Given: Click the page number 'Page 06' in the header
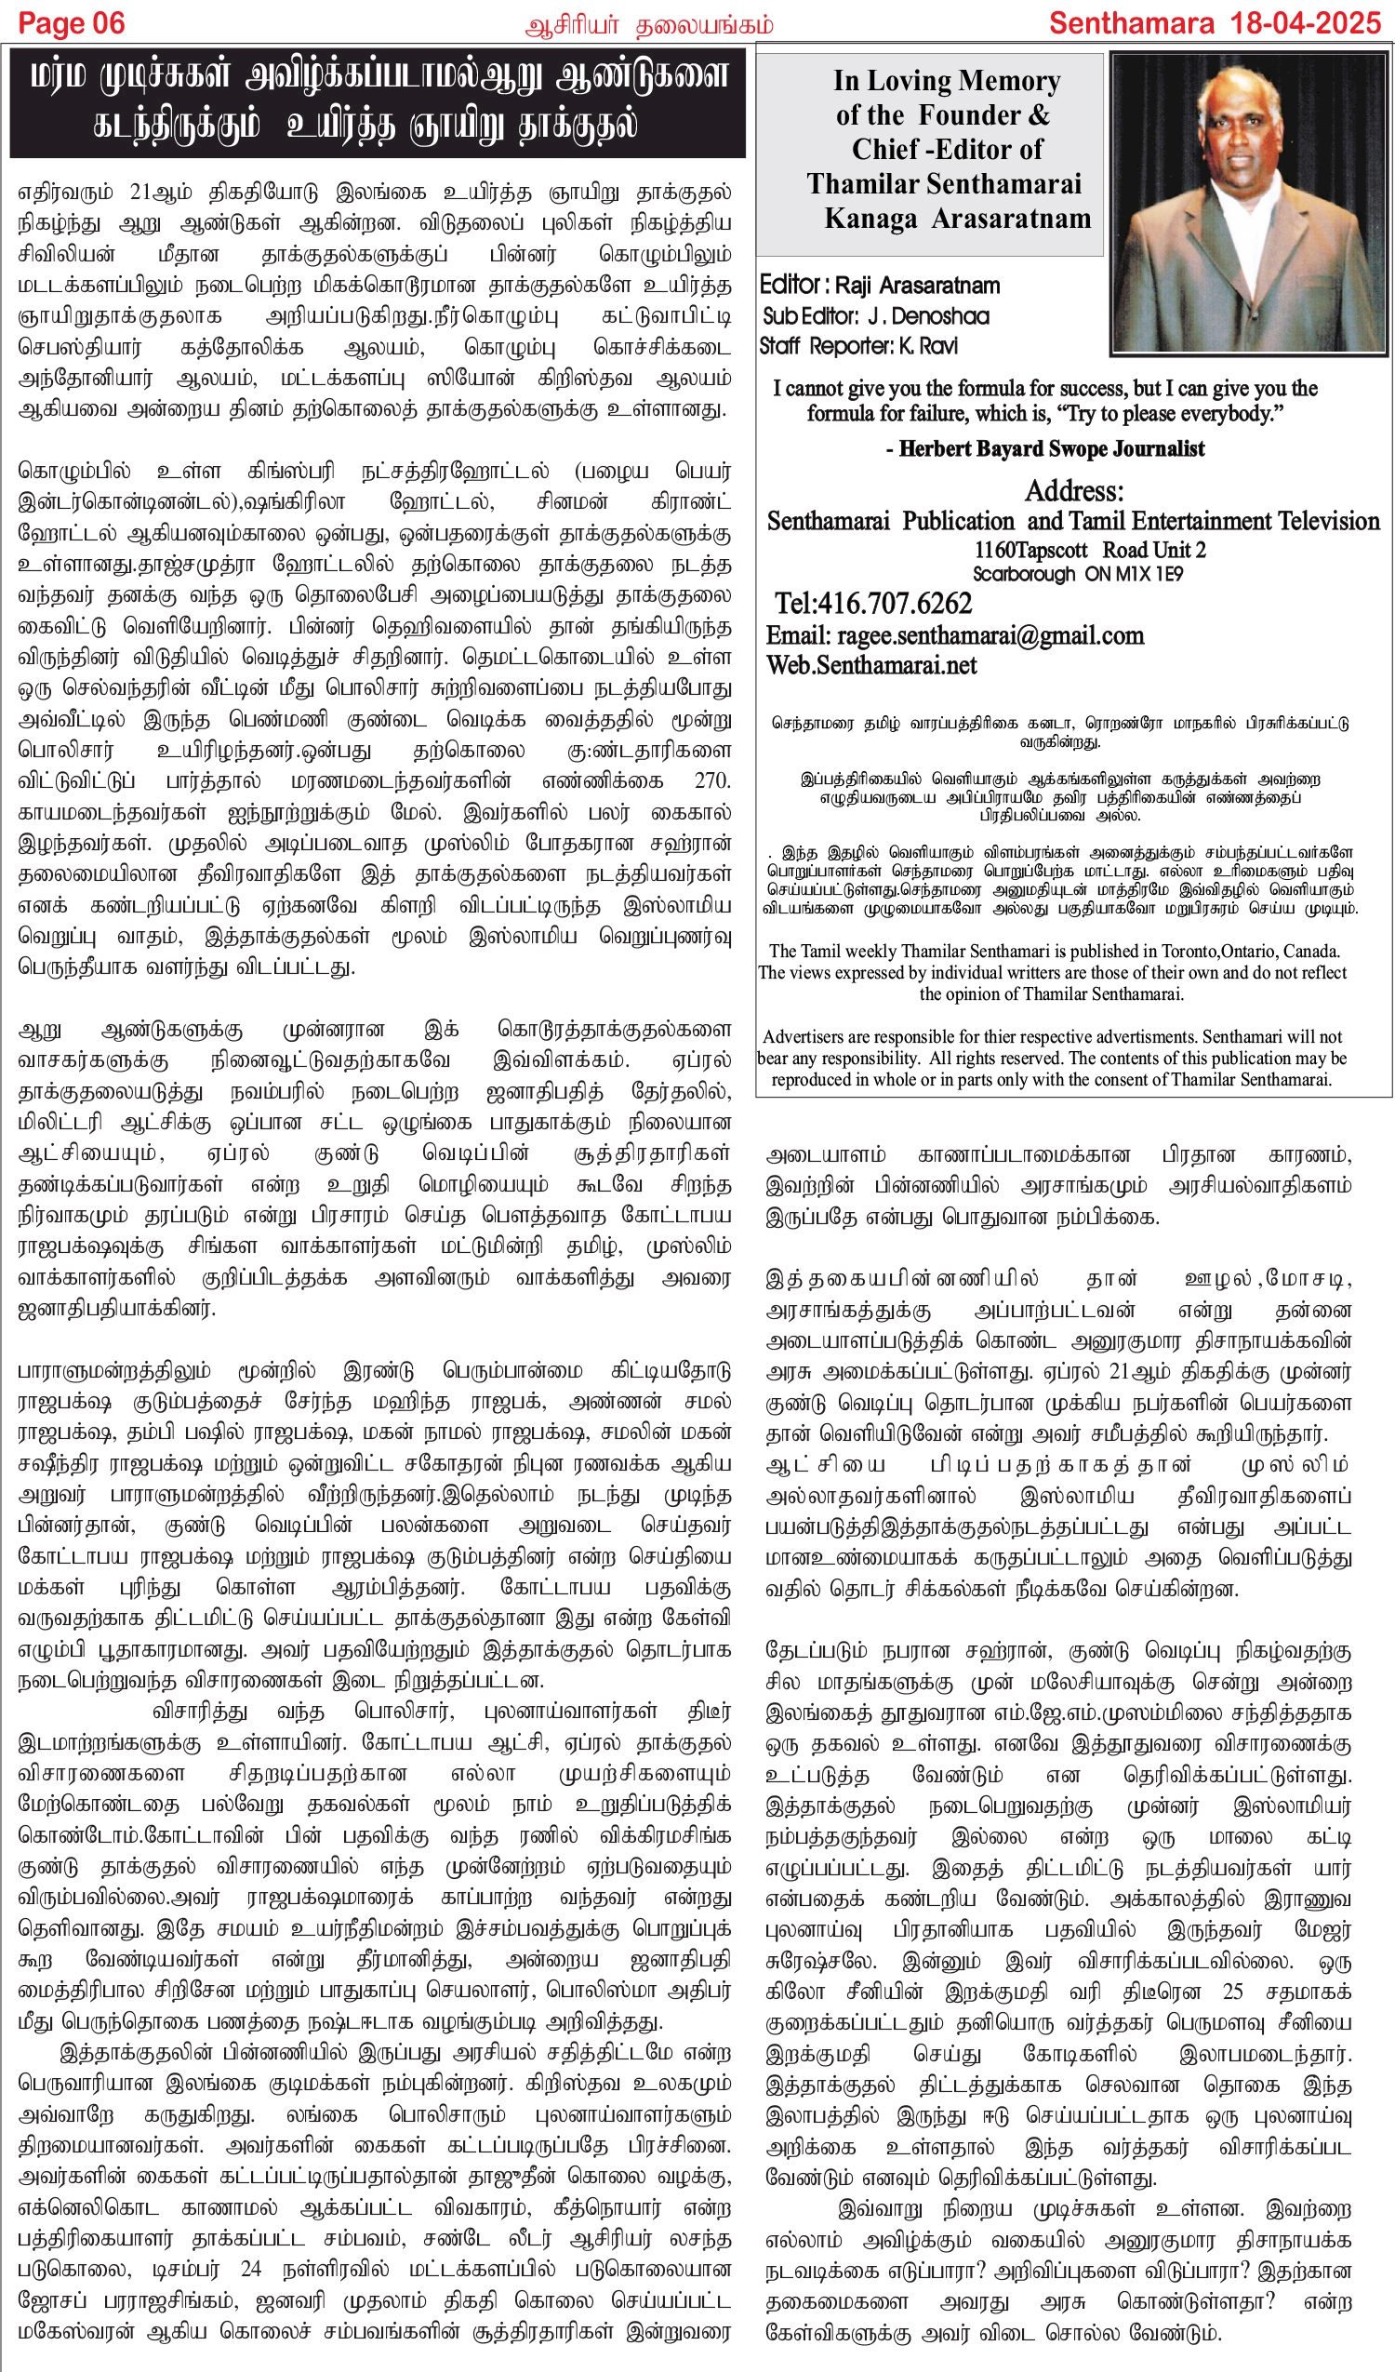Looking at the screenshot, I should point(72,22).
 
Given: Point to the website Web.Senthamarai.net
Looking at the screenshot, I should point(870,665).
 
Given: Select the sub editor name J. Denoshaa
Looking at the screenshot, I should point(928,316).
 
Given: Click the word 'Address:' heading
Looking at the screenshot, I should point(1073,491).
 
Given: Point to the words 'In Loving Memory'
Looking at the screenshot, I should point(946,81).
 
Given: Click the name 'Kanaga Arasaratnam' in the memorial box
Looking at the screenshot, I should point(957,219).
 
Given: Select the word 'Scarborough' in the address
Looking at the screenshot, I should point(1023,573).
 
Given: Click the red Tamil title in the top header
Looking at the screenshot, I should point(648,24).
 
